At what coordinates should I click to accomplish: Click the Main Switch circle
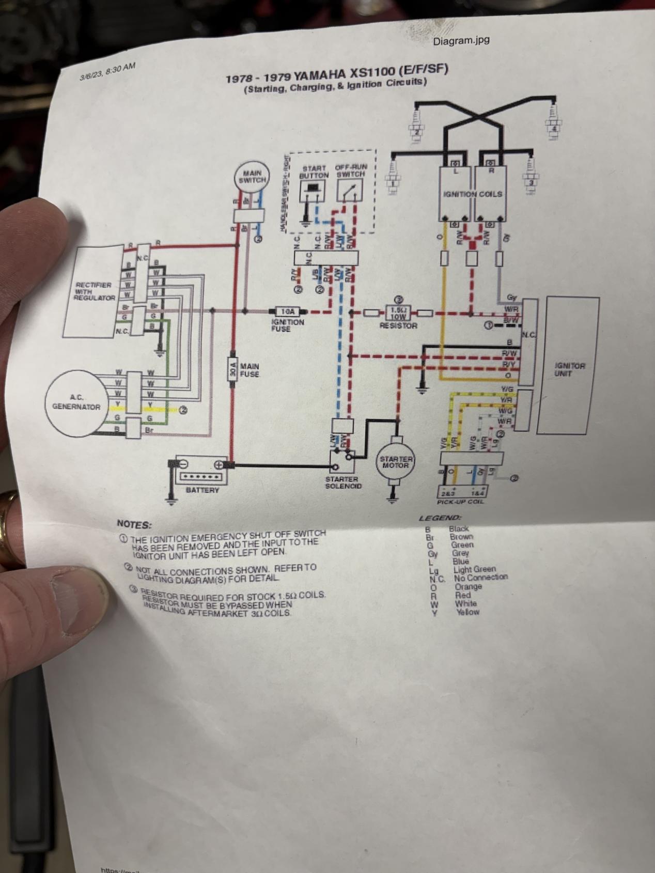[x=252, y=177]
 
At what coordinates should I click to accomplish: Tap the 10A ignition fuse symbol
[x=287, y=311]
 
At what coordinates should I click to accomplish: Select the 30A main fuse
[x=232, y=370]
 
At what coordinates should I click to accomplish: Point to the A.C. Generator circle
[x=76, y=402]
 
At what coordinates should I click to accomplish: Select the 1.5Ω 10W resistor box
[x=397, y=312]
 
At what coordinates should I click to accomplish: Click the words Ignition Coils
[x=473, y=194]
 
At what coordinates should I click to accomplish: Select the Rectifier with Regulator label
[x=94, y=291]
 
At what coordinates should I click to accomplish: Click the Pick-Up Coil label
[x=460, y=502]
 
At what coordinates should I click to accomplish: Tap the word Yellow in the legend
[x=468, y=612]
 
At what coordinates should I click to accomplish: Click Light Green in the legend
[x=474, y=569]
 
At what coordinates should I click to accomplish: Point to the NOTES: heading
[x=134, y=524]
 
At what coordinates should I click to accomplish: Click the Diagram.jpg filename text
[x=461, y=40]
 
